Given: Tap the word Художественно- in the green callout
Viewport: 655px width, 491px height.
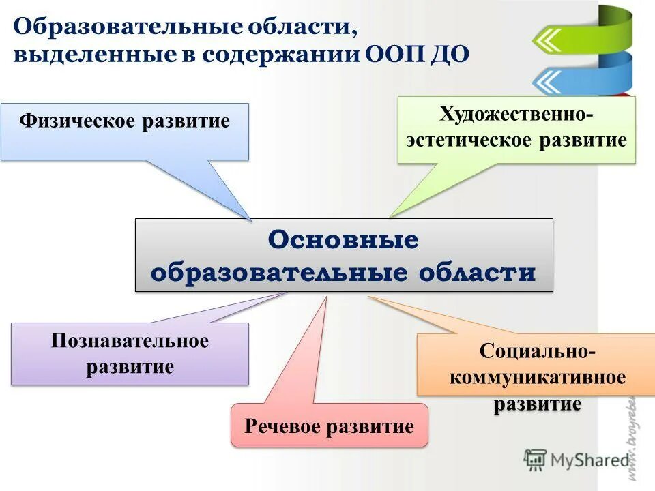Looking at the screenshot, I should (516, 113).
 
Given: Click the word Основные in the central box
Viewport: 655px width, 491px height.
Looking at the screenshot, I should (343, 240).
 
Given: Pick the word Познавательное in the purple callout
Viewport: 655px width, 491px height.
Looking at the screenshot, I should (130, 341).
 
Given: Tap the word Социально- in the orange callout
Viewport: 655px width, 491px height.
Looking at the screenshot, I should (536, 353).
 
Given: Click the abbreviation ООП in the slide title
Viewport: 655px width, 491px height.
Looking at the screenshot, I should (395, 55).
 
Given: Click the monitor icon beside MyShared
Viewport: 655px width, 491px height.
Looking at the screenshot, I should (536, 460).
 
